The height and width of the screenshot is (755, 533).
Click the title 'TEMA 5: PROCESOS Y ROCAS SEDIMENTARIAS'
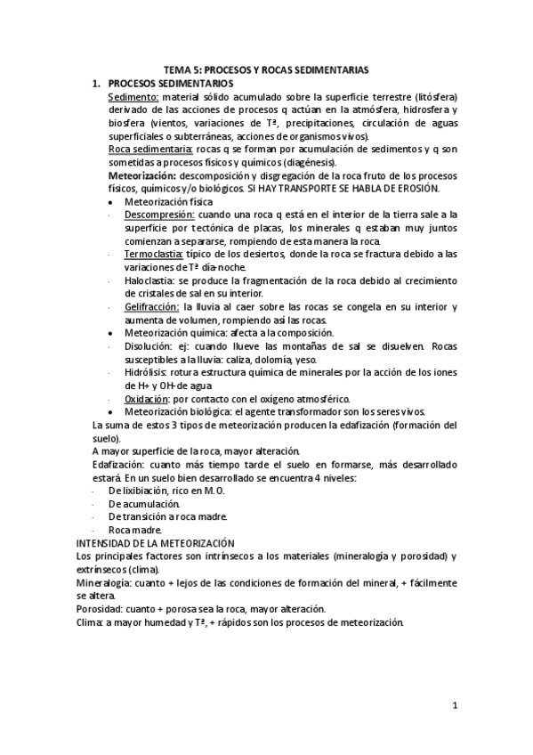(x=266, y=69)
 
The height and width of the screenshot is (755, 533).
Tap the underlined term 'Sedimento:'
(x=133, y=96)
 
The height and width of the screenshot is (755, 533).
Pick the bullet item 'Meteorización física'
(x=168, y=202)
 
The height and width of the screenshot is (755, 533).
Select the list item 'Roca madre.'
(x=133, y=530)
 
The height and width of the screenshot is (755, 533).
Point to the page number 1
(x=455, y=707)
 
